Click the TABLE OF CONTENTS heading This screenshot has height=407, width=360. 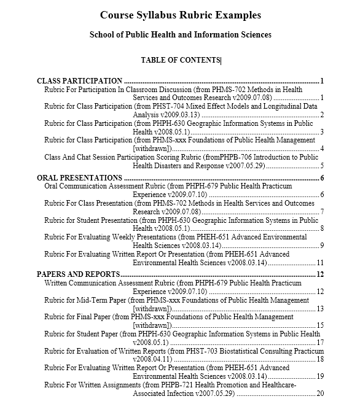pyautogui.click(x=180, y=60)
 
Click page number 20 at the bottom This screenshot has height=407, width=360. pyautogui.click(x=320, y=393)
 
